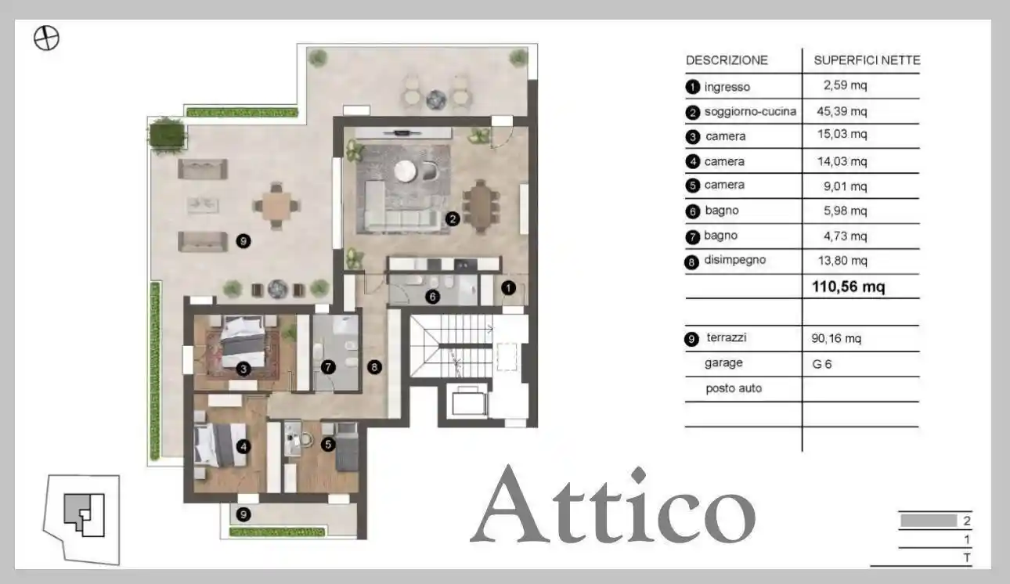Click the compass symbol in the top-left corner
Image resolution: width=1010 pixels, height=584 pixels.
(x=47, y=38)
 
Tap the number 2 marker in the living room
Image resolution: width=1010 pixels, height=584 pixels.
(x=453, y=219)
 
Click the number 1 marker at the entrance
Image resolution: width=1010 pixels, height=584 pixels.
(x=509, y=288)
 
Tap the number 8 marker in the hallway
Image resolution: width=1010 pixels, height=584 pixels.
(x=375, y=366)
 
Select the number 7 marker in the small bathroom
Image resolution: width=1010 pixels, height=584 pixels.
(x=328, y=366)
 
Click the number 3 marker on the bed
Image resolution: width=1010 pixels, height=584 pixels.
(x=244, y=369)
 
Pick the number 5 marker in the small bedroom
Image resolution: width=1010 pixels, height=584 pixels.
(x=328, y=444)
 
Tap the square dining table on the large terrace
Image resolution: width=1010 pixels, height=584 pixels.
(x=276, y=206)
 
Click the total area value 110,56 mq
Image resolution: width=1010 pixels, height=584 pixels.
(x=849, y=287)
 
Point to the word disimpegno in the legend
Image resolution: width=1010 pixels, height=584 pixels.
(x=734, y=261)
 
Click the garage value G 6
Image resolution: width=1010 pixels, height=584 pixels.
(x=822, y=363)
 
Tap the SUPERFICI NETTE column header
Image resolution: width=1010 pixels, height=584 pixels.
(x=867, y=60)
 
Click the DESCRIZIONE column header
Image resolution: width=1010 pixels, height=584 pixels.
(x=727, y=60)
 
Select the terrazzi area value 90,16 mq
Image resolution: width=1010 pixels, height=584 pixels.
(x=837, y=339)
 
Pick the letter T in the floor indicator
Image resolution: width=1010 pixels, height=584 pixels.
(x=968, y=557)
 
